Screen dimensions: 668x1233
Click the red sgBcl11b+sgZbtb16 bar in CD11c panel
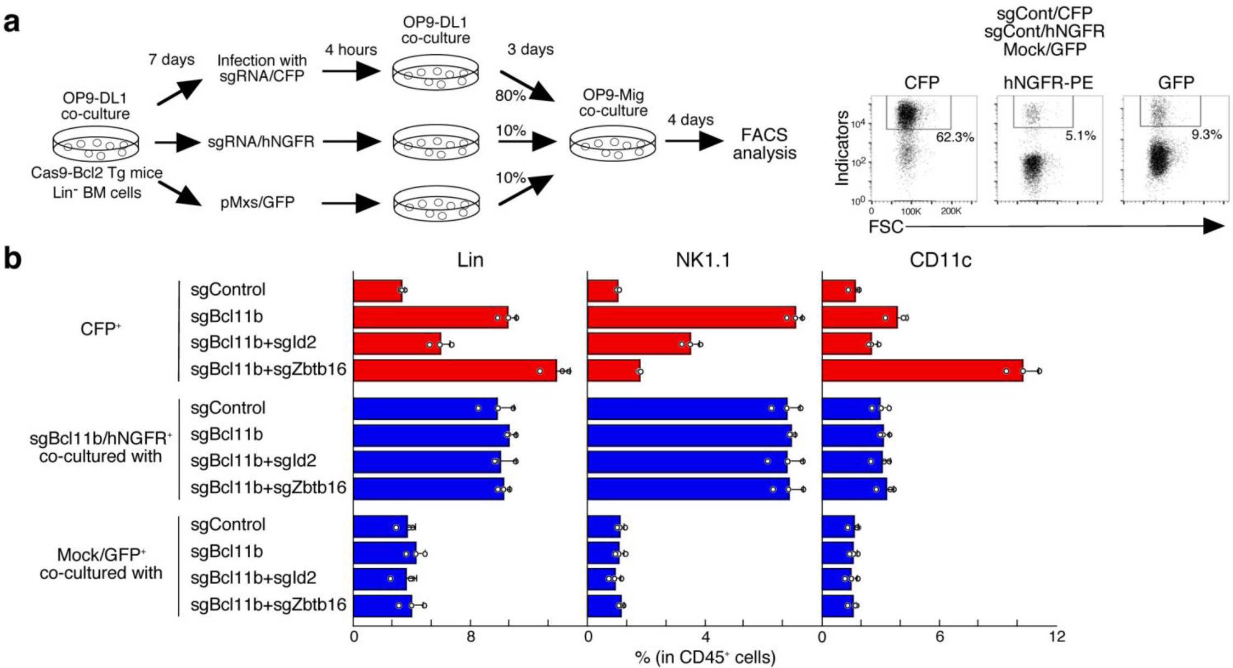(x=922, y=371)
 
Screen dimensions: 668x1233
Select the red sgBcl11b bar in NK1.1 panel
(x=691, y=317)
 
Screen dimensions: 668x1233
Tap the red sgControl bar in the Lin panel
(x=377, y=290)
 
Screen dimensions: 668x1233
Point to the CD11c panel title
(x=940, y=260)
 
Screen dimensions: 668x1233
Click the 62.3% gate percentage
(x=955, y=137)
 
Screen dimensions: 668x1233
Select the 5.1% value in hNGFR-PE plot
(x=1080, y=135)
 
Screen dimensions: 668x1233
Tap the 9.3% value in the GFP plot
(x=1206, y=134)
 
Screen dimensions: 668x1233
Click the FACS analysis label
(x=764, y=144)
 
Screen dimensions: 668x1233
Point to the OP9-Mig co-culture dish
(x=613, y=144)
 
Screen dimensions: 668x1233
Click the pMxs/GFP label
(x=257, y=203)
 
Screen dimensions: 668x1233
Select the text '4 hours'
(x=351, y=50)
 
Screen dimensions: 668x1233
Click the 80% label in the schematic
(x=510, y=95)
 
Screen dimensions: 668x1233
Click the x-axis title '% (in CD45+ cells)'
(x=705, y=656)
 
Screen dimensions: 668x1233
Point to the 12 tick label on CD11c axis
(x=1056, y=637)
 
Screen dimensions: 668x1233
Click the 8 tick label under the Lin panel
(x=471, y=637)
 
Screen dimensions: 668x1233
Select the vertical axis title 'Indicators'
(x=842, y=148)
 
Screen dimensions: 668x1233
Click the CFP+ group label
(x=100, y=329)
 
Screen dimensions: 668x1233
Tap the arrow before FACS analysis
(x=693, y=141)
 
